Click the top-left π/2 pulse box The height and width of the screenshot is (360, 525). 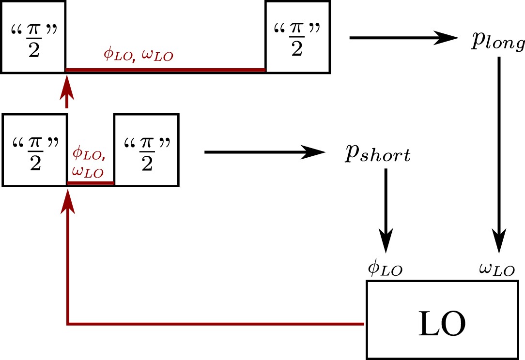pyautogui.click(x=33, y=37)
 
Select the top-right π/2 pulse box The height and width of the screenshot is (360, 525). pyautogui.click(x=297, y=37)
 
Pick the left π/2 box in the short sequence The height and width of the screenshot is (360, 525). pyautogui.click(x=34, y=150)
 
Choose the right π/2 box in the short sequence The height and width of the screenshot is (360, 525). pyautogui.click(x=146, y=150)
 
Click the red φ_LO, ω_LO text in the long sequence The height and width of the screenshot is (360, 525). pyautogui.click(x=139, y=54)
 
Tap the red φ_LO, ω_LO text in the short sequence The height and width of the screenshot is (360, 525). pyautogui.click(x=89, y=164)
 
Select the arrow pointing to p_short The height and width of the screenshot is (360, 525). pyautogui.click(x=264, y=152)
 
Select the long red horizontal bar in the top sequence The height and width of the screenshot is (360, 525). pyautogui.click(x=165, y=70)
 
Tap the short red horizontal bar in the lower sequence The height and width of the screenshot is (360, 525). pyautogui.click(x=90, y=183)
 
